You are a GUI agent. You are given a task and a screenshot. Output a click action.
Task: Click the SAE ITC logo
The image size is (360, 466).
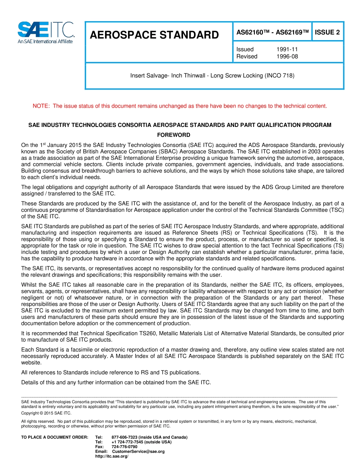(46, 30)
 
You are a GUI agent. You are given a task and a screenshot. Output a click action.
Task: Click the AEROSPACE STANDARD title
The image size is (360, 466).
(154, 35)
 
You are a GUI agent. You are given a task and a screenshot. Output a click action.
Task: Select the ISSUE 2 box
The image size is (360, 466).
(327, 32)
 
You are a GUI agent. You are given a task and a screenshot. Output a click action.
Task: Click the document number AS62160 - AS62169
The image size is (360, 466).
(272, 32)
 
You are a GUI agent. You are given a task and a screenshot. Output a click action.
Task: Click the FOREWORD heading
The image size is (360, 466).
(174, 135)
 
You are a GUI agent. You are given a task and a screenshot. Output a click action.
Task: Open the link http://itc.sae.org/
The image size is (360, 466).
(112, 456)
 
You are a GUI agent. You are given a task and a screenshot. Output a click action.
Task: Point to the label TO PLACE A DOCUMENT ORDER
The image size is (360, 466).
(55, 437)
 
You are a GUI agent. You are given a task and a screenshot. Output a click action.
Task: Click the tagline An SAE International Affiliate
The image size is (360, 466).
(45, 41)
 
